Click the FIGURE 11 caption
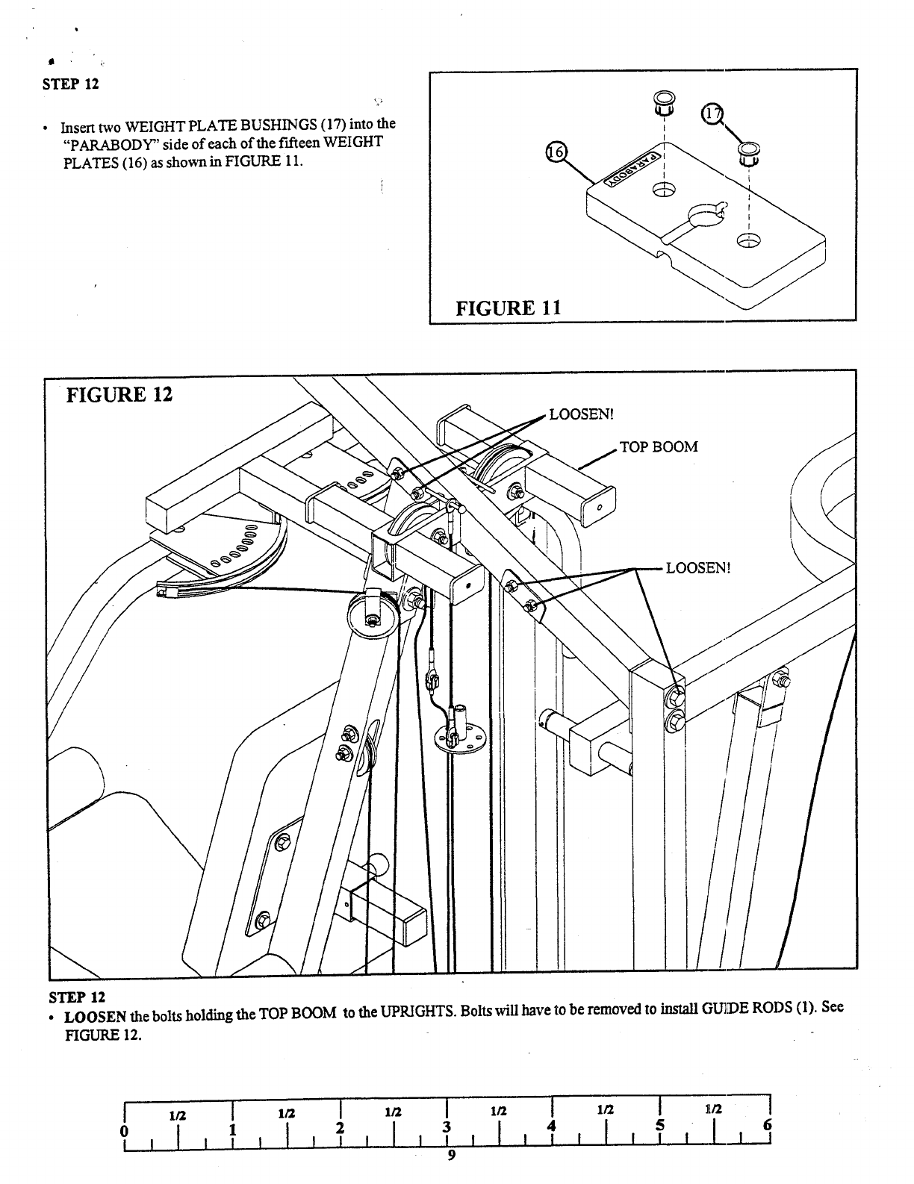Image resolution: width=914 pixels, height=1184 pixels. tap(508, 307)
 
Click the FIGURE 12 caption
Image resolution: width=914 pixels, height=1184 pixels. tap(119, 394)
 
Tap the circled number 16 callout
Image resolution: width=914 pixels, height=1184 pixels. tap(556, 152)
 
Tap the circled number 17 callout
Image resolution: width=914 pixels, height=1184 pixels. tap(713, 114)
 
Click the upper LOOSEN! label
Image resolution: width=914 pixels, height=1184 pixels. tap(580, 414)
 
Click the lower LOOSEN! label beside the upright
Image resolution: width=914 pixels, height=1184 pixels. tap(697, 567)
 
